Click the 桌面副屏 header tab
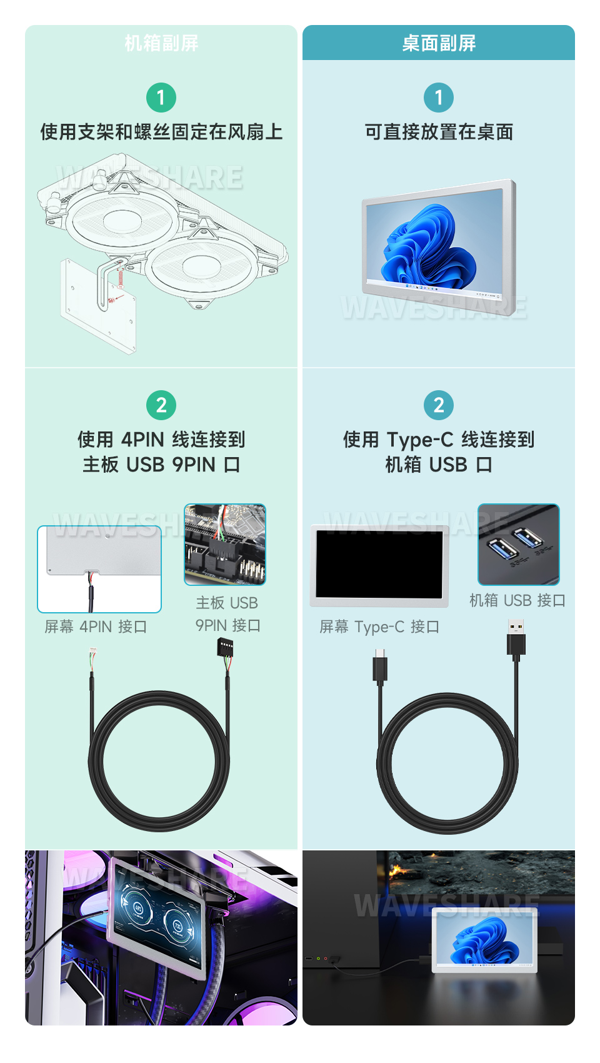pyautogui.click(x=439, y=43)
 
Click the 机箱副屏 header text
pyautogui.click(x=161, y=43)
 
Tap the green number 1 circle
pyautogui.click(x=161, y=98)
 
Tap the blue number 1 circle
pyautogui.click(x=439, y=98)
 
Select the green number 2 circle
pyautogui.click(x=161, y=405)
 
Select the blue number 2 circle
pyautogui.click(x=439, y=405)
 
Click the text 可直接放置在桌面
pyautogui.click(x=439, y=132)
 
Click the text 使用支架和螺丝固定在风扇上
pyautogui.click(x=161, y=132)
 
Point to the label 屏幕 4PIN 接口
pyautogui.click(x=96, y=627)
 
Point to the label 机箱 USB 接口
pyautogui.click(x=517, y=600)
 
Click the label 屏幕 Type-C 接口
pyautogui.click(x=379, y=627)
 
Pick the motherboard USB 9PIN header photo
pyautogui.click(x=225, y=545)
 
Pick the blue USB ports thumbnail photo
pyautogui.click(x=518, y=545)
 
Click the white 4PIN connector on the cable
pyautogui.click(x=93, y=657)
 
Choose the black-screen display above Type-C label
pyautogui.click(x=379, y=565)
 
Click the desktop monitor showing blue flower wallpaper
pyautogui.click(x=439, y=247)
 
